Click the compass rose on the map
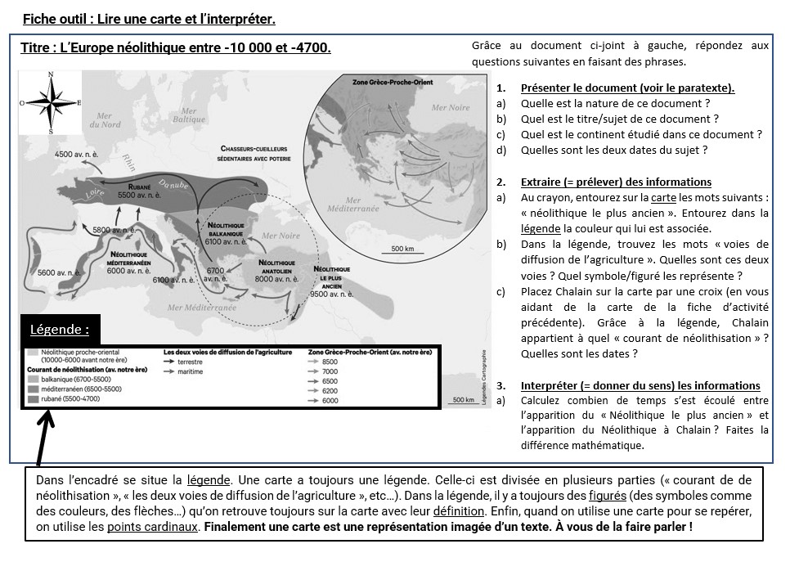[x=52, y=102]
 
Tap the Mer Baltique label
[x=189, y=115]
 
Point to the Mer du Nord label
[x=105, y=120]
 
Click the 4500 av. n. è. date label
[x=76, y=154]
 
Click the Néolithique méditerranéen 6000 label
[x=128, y=263]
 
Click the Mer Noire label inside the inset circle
[x=451, y=107]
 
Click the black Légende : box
[x=60, y=330]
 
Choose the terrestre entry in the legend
[x=189, y=361]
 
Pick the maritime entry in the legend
[x=189, y=371]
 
